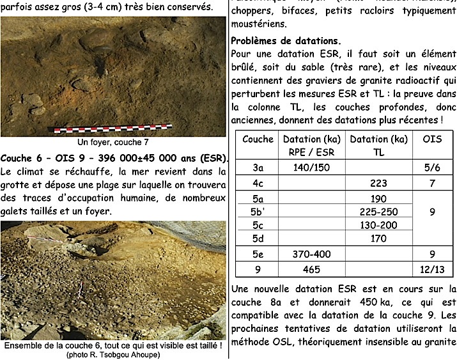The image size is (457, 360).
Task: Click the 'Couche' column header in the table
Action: [x=258, y=139]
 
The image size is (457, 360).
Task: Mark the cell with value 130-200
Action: [x=378, y=226]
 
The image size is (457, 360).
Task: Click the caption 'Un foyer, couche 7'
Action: [x=113, y=142]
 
